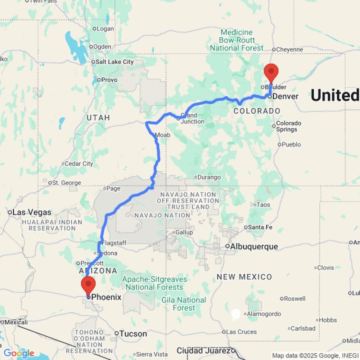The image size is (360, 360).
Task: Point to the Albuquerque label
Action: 254,247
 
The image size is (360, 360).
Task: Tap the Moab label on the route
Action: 162,135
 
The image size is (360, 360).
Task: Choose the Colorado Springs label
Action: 289,126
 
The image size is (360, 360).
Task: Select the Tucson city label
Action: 133,334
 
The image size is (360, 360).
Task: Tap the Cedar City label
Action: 79,164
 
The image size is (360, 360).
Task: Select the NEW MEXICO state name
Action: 244,277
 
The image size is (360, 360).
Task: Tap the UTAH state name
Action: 98,118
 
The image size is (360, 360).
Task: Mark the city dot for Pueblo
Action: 280,145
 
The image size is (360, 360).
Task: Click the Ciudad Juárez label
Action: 204,351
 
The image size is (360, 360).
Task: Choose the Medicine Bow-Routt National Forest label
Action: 237,40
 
